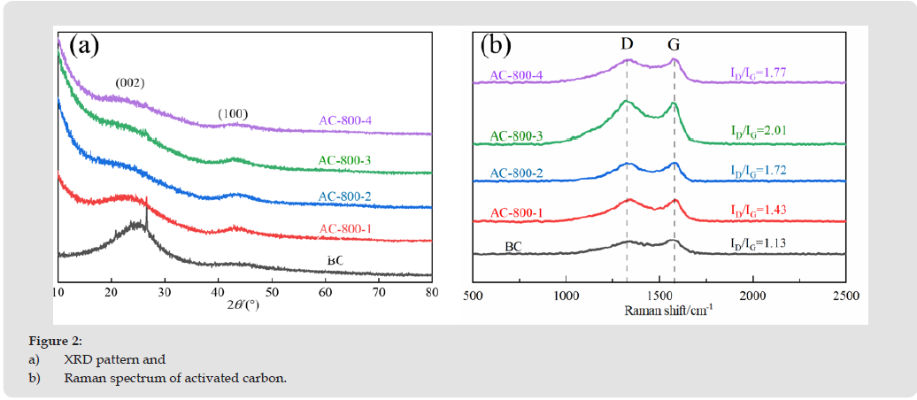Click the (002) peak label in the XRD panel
click(x=129, y=83)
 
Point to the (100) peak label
click(x=234, y=113)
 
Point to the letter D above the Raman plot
click(x=628, y=43)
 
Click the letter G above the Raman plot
click(x=674, y=43)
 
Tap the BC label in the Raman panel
click(x=513, y=245)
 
